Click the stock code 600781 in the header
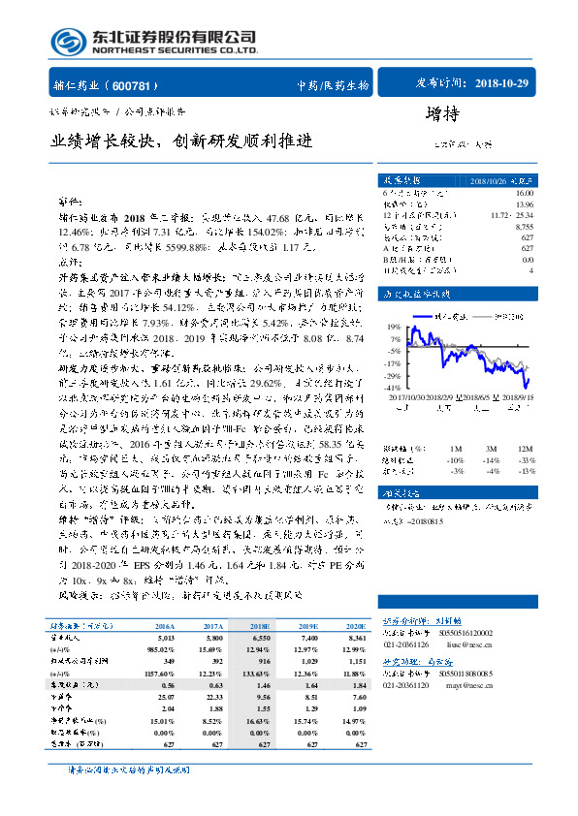tap(143, 85)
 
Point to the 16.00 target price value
tap(525, 195)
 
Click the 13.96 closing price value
tap(525, 204)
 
